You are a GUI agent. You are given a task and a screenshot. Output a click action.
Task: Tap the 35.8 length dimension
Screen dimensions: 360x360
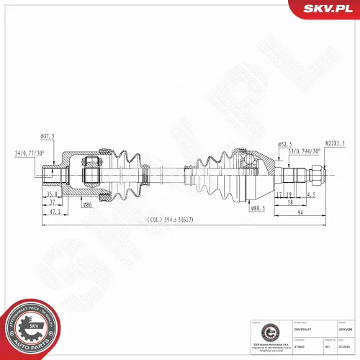point(53,194)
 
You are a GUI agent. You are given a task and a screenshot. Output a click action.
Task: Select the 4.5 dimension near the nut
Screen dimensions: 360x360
point(311,194)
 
